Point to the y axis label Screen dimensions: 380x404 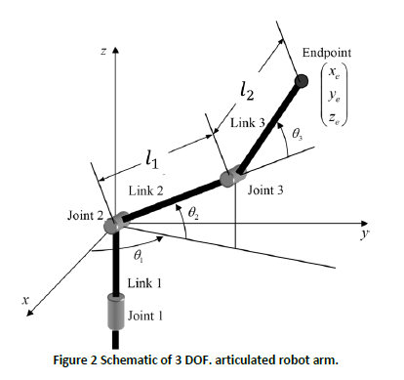pyautogui.click(x=362, y=236)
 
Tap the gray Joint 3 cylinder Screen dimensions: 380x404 pyautogui.click(x=230, y=180)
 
